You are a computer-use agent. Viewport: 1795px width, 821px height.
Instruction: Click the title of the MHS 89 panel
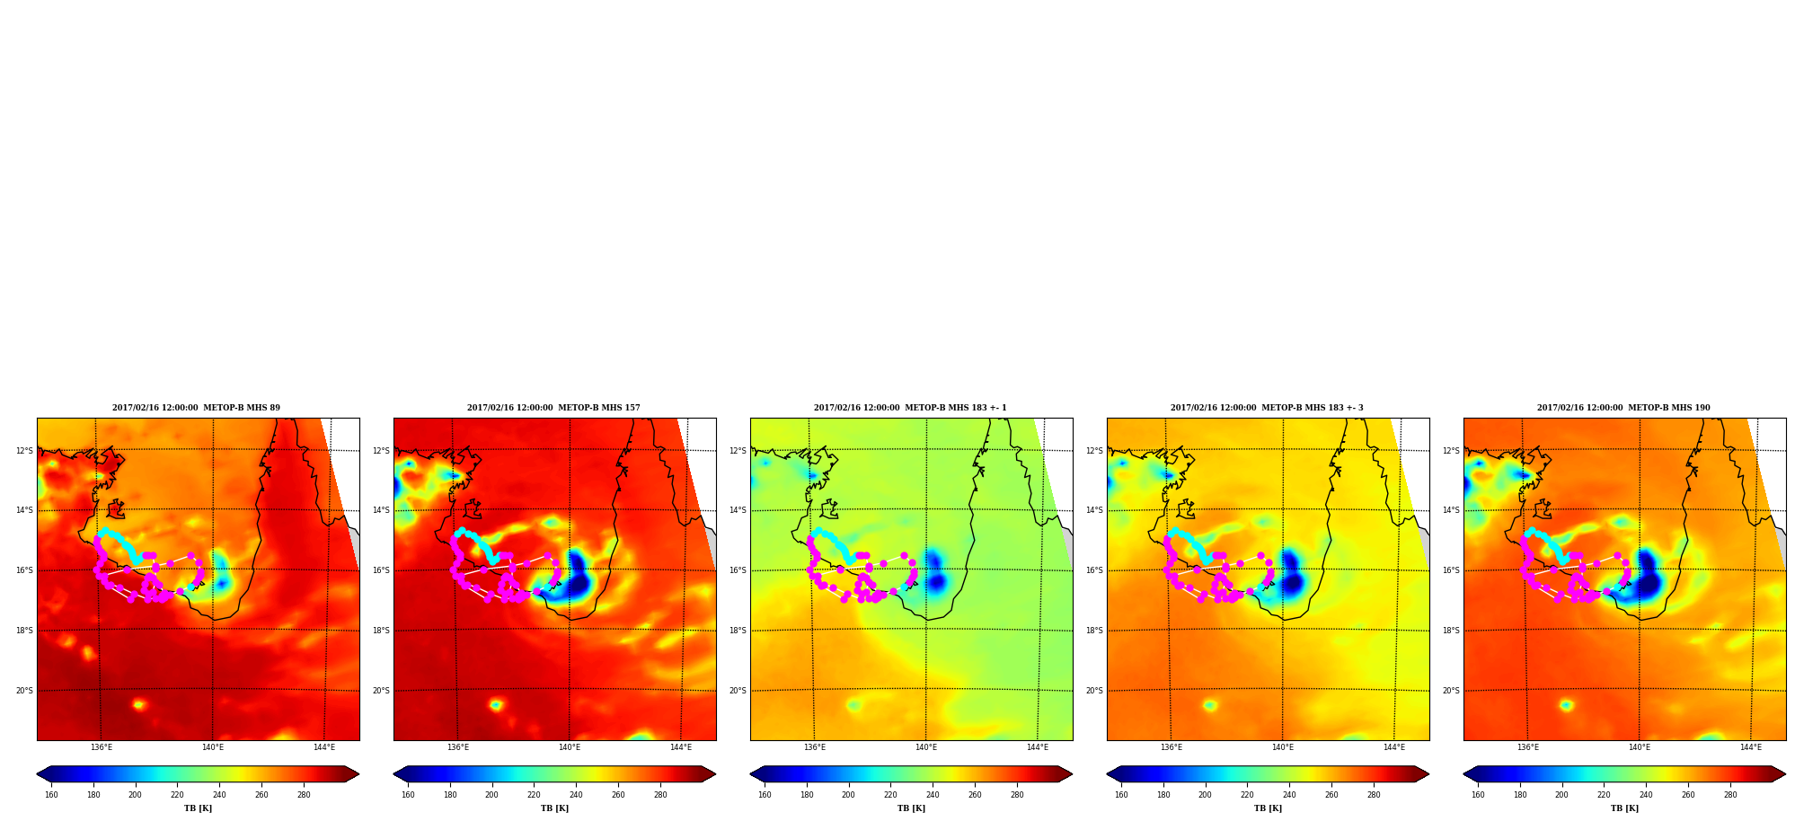pyautogui.click(x=196, y=408)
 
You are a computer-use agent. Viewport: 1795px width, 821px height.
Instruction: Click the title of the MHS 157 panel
pyautogui.click(x=553, y=408)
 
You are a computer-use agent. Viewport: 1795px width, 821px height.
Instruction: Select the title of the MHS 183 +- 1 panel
pyautogui.click(x=910, y=408)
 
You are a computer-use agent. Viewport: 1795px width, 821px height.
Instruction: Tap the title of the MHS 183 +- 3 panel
pyautogui.click(x=1267, y=408)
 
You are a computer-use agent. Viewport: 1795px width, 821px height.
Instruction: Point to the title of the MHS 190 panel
pyautogui.click(x=1623, y=408)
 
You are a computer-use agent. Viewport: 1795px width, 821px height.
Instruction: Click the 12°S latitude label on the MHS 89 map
pyautogui.click(x=24, y=451)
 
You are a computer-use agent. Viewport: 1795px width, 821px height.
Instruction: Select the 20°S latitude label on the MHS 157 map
pyautogui.click(x=381, y=691)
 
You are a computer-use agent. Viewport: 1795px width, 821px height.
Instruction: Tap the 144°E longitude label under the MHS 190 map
pyautogui.click(x=1750, y=747)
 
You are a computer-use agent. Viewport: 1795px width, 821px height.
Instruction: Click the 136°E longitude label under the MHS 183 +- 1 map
pyautogui.click(x=814, y=747)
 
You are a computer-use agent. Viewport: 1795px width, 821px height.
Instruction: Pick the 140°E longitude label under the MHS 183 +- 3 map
pyautogui.click(x=1282, y=747)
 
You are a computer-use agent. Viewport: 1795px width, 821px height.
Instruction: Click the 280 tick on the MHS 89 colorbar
pyautogui.click(x=304, y=795)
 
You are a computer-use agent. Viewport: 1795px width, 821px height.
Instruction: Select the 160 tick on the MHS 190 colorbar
pyautogui.click(x=1478, y=795)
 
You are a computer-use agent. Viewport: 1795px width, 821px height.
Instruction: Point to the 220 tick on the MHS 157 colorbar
pyautogui.click(x=534, y=795)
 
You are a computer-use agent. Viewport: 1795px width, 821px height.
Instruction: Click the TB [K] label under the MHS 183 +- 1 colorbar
pyautogui.click(x=911, y=808)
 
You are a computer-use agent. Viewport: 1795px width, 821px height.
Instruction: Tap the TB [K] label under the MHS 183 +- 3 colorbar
pyautogui.click(x=1268, y=808)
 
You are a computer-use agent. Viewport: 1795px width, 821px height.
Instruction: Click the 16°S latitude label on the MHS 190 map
pyautogui.click(x=1451, y=570)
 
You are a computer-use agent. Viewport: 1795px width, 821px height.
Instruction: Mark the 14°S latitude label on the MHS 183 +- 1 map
pyautogui.click(x=738, y=510)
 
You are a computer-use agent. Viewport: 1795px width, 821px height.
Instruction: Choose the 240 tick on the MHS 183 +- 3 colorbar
pyautogui.click(x=1289, y=795)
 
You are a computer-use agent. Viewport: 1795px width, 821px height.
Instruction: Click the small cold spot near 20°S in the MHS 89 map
pyautogui.click(x=138, y=705)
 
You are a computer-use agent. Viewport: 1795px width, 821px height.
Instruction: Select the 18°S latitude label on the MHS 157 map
pyautogui.click(x=381, y=631)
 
